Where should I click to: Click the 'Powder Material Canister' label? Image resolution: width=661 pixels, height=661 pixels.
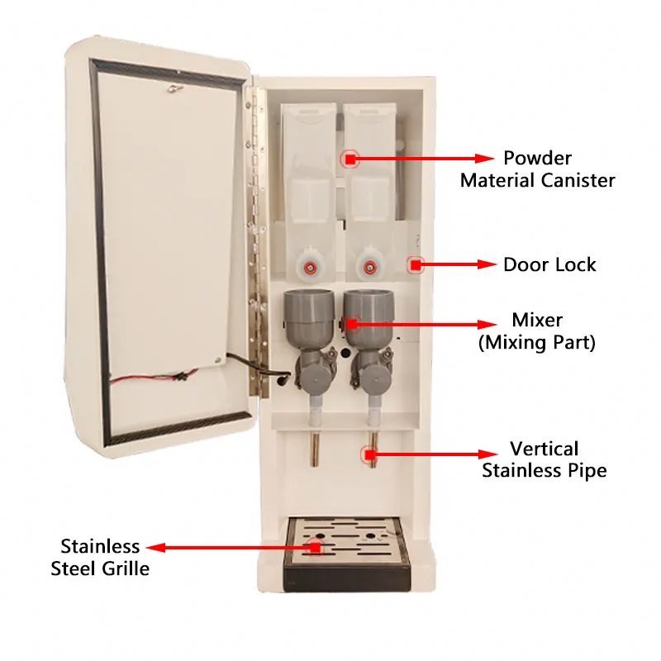pyautogui.click(x=538, y=169)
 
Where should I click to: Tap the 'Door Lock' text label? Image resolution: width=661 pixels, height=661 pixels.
pyautogui.click(x=549, y=264)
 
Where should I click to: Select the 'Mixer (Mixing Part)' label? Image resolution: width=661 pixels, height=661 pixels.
pyautogui.click(x=537, y=331)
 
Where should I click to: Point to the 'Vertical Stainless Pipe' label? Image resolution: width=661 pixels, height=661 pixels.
pyautogui.click(x=544, y=459)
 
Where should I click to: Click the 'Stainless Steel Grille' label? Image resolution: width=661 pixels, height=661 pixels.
pyautogui.click(x=100, y=557)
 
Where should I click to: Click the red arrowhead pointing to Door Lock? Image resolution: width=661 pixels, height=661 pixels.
pyautogui.click(x=487, y=264)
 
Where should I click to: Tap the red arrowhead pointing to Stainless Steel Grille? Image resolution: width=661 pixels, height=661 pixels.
pyautogui.click(x=155, y=548)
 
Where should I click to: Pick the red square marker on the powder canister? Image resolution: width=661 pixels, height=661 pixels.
pyautogui.click(x=350, y=159)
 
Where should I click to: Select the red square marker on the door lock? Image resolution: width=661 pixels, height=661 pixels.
pyautogui.click(x=416, y=265)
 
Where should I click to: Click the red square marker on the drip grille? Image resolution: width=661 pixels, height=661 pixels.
pyautogui.click(x=316, y=548)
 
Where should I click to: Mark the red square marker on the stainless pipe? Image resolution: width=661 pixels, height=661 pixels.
pyautogui.click(x=369, y=455)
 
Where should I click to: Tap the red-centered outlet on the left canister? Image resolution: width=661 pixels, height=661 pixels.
pyautogui.click(x=311, y=266)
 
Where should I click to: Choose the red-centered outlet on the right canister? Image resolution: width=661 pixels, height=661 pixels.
pyautogui.click(x=369, y=266)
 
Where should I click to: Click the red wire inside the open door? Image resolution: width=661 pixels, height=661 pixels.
pyautogui.click(x=152, y=377)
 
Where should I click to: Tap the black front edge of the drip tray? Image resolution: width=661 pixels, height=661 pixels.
pyautogui.click(x=347, y=578)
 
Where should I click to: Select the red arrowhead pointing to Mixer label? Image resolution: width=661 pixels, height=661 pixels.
pyautogui.click(x=487, y=324)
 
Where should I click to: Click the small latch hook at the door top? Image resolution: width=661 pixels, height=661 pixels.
pyautogui.click(x=174, y=88)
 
